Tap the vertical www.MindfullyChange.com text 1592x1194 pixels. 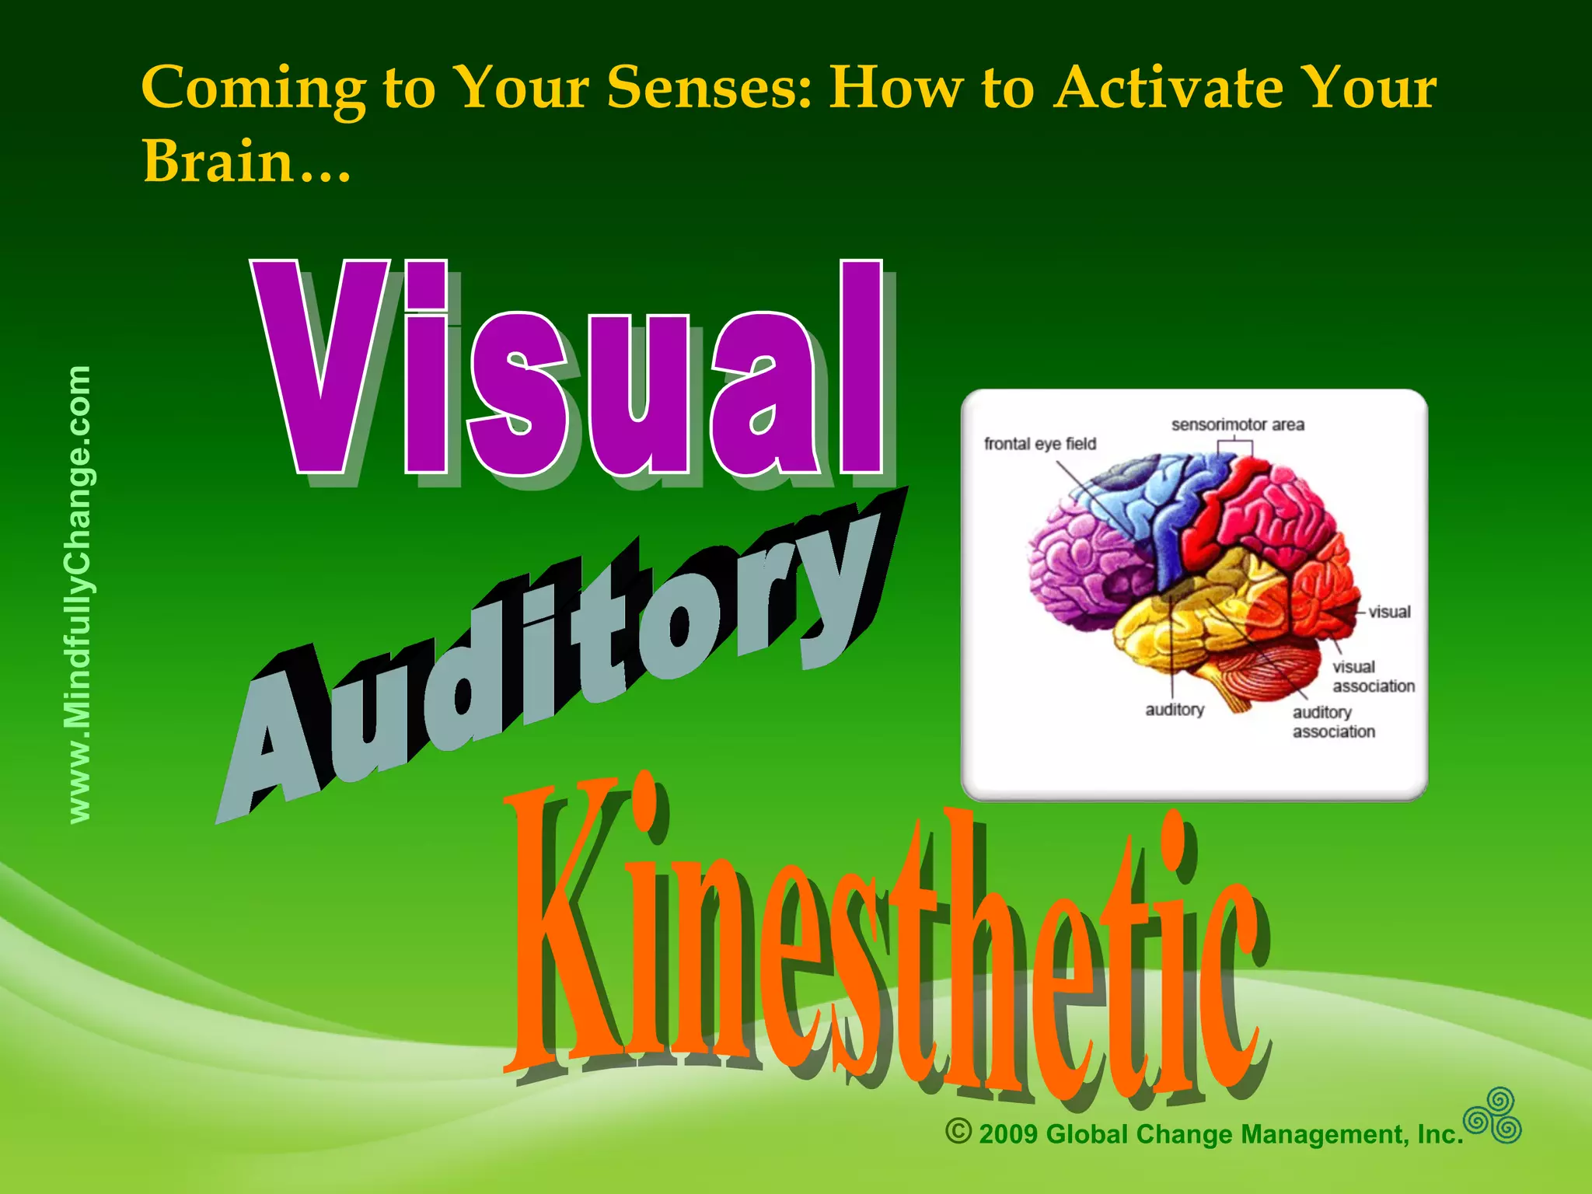coord(79,595)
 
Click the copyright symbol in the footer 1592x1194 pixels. coord(958,1131)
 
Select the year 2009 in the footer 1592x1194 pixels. coord(1008,1134)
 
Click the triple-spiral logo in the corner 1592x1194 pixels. coord(1493,1116)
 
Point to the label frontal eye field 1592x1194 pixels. coord(1039,444)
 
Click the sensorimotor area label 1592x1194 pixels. coord(1238,424)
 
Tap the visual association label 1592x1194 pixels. coord(1373,676)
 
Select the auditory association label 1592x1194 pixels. coord(1333,722)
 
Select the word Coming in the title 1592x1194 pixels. coord(253,87)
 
